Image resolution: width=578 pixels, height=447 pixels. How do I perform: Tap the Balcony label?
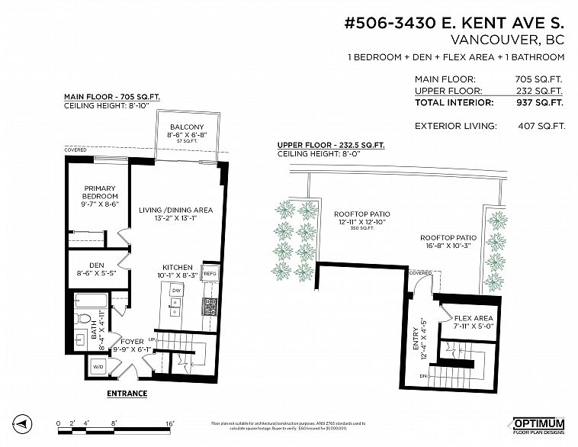click(x=187, y=127)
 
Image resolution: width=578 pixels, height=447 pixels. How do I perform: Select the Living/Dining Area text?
click(x=175, y=210)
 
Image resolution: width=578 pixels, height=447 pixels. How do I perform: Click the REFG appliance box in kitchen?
click(x=210, y=273)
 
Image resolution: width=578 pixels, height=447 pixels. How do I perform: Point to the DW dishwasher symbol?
click(x=175, y=291)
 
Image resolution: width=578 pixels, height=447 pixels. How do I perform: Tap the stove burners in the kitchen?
click(x=210, y=306)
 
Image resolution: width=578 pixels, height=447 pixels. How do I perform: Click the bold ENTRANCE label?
click(x=126, y=394)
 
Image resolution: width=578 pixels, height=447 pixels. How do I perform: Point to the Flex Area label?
click(x=474, y=318)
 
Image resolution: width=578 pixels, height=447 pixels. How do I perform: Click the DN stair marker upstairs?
click(x=422, y=375)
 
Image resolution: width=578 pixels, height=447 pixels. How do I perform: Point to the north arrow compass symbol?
click(x=23, y=423)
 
